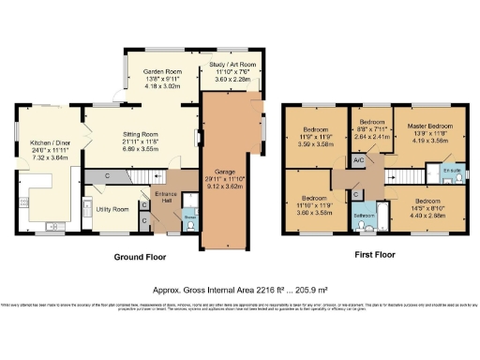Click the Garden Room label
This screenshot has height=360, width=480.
click(x=159, y=71)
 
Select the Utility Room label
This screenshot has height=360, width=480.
click(x=113, y=208)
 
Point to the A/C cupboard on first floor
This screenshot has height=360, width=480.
click(x=358, y=161)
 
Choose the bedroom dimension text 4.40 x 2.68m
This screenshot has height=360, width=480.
click(x=427, y=214)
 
